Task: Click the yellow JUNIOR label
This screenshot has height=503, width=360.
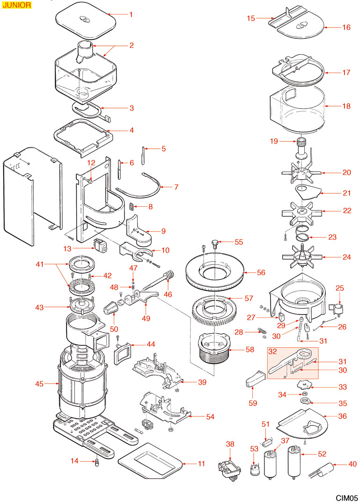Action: point(16,6)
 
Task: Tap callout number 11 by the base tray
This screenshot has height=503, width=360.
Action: point(201,464)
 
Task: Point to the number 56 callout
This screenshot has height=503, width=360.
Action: point(261,272)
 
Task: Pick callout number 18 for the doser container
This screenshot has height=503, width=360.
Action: point(346,106)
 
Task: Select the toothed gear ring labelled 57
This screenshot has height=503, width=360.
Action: point(213,311)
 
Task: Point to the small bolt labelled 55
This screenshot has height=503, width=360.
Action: point(215,243)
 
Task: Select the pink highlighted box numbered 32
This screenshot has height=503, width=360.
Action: point(293,363)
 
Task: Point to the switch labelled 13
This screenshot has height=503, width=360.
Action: point(99,246)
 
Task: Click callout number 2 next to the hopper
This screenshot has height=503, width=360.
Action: point(131,45)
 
